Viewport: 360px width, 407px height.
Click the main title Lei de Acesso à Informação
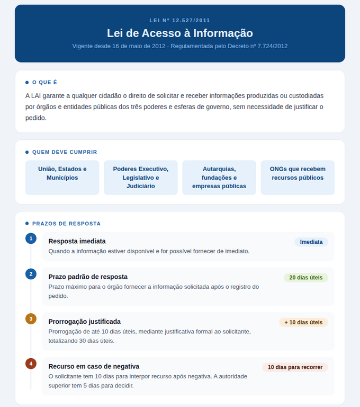pyautogui.click(x=180, y=33)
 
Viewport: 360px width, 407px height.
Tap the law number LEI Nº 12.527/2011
pyautogui.click(x=180, y=20)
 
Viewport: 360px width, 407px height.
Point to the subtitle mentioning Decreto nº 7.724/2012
pyautogui.click(x=180, y=46)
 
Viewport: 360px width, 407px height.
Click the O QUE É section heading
pyautogui.click(x=44, y=83)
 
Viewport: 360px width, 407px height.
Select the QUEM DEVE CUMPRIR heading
pyautogui.click(x=65, y=152)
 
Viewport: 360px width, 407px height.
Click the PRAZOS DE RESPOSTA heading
pyautogui.click(x=66, y=224)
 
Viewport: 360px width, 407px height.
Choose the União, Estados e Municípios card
pyautogui.click(x=62, y=177)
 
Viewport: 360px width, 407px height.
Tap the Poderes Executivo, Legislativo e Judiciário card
pyautogui.click(x=141, y=177)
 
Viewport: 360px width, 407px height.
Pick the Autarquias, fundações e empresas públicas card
pyautogui.click(x=219, y=177)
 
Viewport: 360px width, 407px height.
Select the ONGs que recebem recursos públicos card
pyautogui.click(x=298, y=177)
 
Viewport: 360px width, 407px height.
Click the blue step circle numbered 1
pyautogui.click(x=31, y=238)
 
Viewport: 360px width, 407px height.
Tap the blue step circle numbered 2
pyautogui.click(x=31, y=274)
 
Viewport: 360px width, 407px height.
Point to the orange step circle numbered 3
pyautogui.click(x=31, y=318)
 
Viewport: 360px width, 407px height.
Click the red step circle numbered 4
pyautogui.click(x=31, y=364)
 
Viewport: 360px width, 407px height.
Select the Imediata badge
pyautogui.click(x=311, y=242)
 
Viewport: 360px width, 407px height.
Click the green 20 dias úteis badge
pyautogui.click(x=306, y=278)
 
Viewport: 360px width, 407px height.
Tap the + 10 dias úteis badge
pyautogui.click(x=303, y=322)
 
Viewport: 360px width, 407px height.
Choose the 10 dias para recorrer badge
pyautogui.click(x=295, y=367)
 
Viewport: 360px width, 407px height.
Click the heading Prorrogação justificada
pyautogui.click(x=85, y=322)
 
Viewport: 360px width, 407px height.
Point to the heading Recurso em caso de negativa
pyautogui.click(x=94, y=366)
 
